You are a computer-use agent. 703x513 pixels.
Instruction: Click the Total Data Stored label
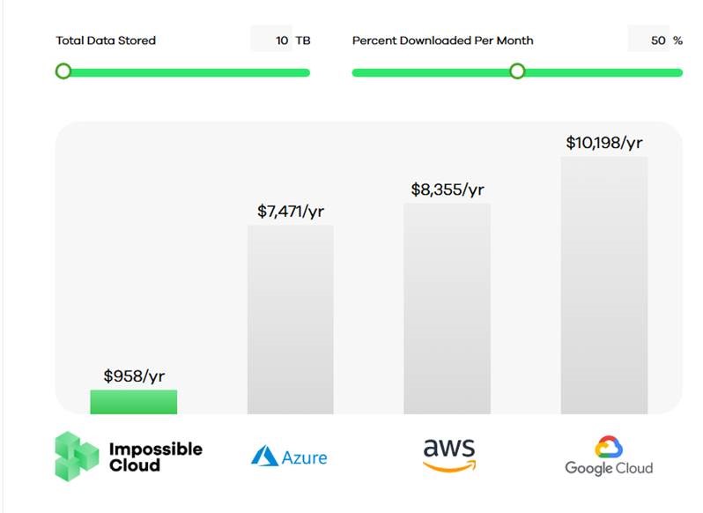(106, 41)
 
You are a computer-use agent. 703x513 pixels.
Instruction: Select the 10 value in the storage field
(282, 41)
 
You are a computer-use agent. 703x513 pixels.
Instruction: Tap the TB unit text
(303, 41)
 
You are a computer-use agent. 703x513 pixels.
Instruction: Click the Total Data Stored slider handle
(63, 71)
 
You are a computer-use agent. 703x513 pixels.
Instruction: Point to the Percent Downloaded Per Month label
(442, 41)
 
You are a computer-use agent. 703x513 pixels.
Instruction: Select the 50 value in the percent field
(658, 41)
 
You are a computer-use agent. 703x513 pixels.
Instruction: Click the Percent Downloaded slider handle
(517, 71)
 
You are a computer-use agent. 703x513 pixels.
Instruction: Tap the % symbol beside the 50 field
(677, 41)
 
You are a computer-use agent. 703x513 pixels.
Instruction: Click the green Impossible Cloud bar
(133, 402)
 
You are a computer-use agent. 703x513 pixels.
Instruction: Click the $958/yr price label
(134, 376)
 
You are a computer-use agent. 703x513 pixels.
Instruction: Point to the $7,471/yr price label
(291, 212)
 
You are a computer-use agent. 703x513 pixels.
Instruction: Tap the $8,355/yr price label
(448, 190)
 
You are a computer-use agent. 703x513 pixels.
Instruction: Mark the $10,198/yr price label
(604, 143)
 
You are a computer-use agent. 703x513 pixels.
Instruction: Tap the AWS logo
(448, 454)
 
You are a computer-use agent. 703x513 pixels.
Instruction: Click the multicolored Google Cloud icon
(608, 447)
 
